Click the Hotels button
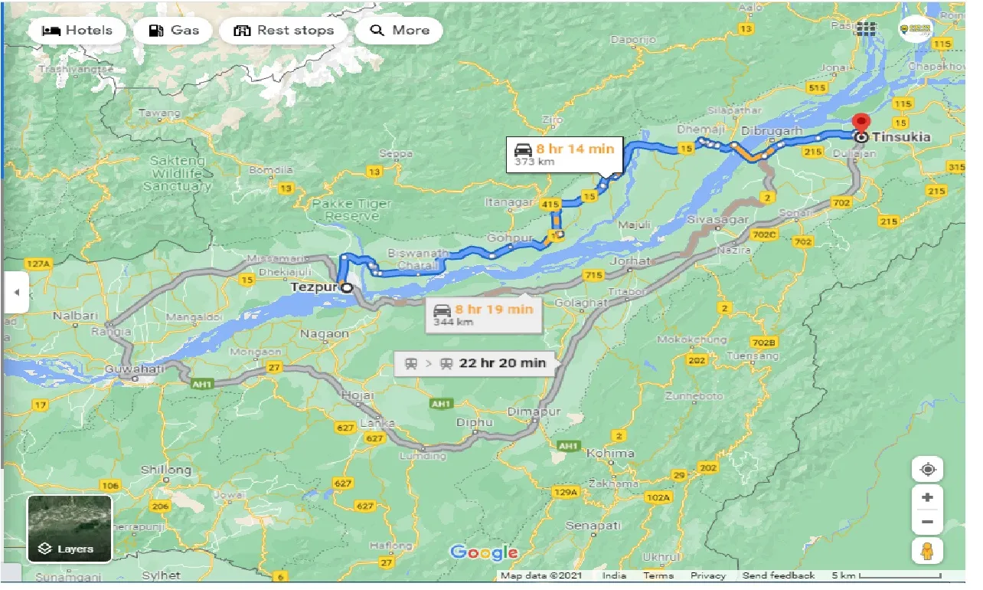tap(77, 31)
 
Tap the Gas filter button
tap(174, 31)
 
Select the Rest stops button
tap(284, 31)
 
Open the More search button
tap(400, 31)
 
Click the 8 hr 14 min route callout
tap(565, 154)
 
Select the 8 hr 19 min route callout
tap(484, 314)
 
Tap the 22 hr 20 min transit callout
tap(476, 363)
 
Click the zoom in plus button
tap(927, 497)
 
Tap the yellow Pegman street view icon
tap(927, 550)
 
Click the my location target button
tap(927, 469)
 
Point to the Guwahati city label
tap(134, 369)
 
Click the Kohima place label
tap(610, 453)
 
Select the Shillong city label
tap(166, 470)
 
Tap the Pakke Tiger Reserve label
tap(352, 209)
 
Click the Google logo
tap(484, 552)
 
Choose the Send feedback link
tap(779, 575)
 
